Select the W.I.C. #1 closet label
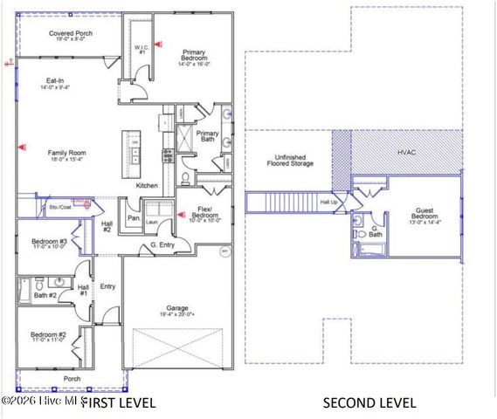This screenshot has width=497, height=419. click(140, 50)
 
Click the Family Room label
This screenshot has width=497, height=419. click(66, 155)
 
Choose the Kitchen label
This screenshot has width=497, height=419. click(146, 186)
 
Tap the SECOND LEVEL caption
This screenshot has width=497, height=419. click(369, 402)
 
